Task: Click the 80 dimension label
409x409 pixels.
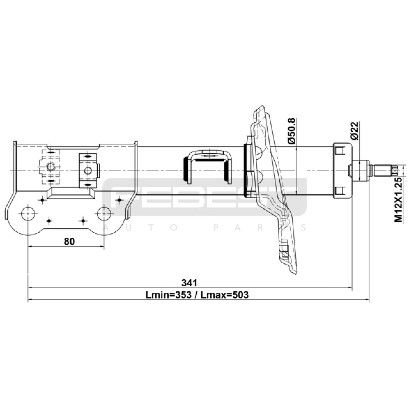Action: click(x=69, y=241)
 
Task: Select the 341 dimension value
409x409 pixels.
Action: click(x=189, y=283)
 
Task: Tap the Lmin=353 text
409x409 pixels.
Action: click(x=168, y=295)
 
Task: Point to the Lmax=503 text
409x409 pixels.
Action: click(x=224, y=295)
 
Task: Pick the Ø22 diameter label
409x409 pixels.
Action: click(x=355, y=131)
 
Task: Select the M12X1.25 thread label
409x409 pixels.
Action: click(x=398, y=200)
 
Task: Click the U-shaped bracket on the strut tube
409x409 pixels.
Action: click(x=208, y=153)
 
